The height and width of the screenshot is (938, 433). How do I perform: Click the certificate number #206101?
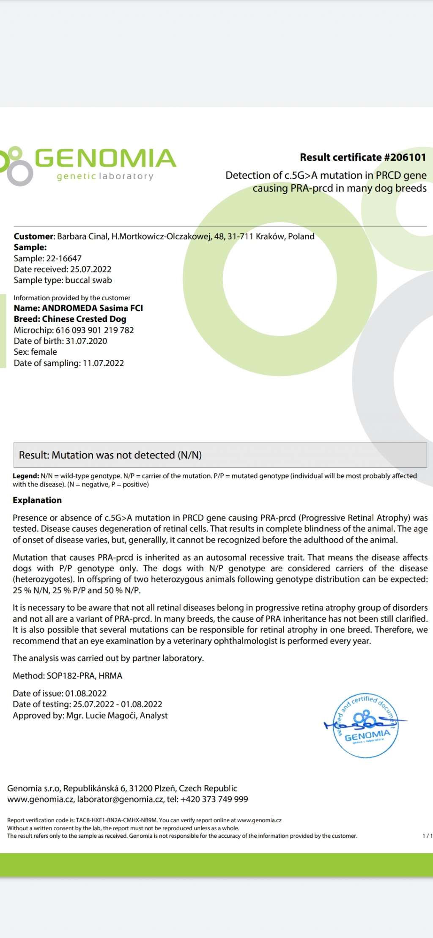click(405, 157)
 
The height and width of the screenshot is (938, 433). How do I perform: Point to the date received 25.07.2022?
click(90, 269)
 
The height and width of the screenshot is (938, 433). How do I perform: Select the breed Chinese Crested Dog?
click(84, 319)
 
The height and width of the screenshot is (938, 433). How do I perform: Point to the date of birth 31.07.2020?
click(86, 341)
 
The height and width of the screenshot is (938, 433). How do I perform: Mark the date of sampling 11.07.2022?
click(103, 363)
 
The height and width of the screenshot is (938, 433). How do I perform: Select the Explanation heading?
click(37, 500)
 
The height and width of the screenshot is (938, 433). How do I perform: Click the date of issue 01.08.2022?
click(86, 693)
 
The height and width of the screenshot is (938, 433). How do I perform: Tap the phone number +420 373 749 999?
click(214, 799)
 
